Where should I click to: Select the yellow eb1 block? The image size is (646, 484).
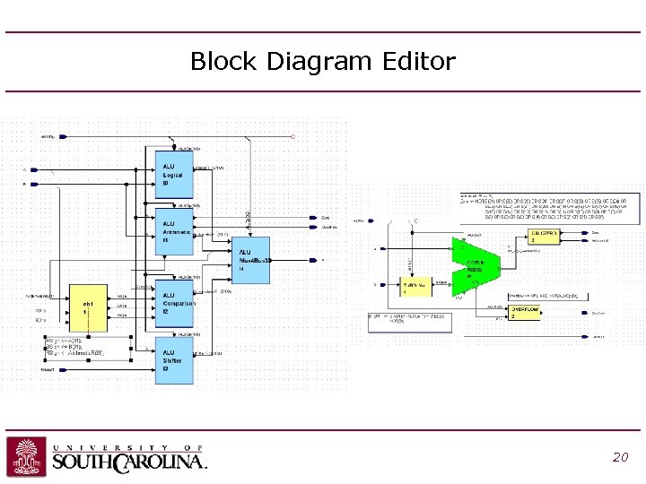(x=90, y=305)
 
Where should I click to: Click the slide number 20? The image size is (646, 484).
(x=620, y=457)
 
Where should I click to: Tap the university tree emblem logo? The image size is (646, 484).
(x=26, y=456)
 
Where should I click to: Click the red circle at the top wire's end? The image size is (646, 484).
(x=292, y=136)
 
